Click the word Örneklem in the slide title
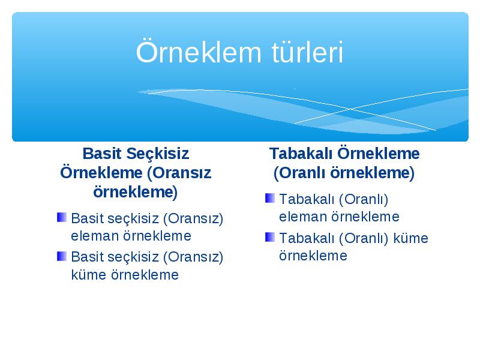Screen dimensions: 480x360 [199, 52]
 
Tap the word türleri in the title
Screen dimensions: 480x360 [307, 52]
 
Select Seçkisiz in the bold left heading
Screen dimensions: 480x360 [158, 154]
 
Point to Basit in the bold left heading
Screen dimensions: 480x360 [102, 154]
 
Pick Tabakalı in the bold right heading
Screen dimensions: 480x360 [301, 154]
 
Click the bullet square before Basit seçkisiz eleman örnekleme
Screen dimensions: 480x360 [62, 217]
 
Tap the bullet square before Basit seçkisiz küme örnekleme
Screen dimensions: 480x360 [62, 256]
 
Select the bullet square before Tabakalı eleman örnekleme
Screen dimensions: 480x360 [269, 198]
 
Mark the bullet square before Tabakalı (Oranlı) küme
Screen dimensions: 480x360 [269, 237]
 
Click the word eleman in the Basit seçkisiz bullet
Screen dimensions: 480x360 [95, 236]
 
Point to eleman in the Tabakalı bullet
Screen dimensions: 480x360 [303, 217]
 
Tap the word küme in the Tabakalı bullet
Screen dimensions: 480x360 [410, 238]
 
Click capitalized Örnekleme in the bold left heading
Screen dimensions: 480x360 [101, 173]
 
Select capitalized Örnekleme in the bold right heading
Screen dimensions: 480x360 [379, 154]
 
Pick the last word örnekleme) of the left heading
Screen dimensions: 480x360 [136, 193]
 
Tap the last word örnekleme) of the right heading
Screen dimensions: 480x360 [372, 173]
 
